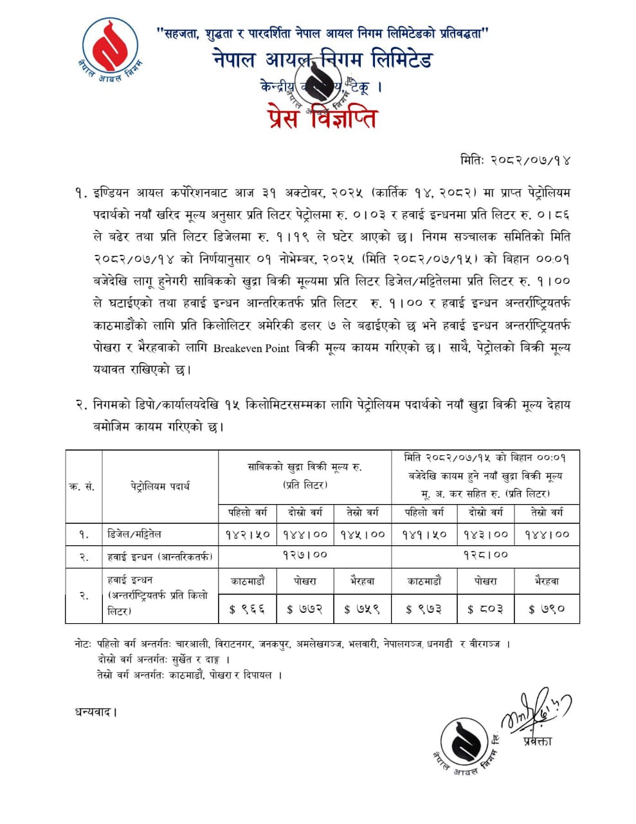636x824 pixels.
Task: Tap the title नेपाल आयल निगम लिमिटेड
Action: [323, 60]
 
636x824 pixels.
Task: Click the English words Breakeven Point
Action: [250, 348]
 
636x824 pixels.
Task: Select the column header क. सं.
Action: [83, 487]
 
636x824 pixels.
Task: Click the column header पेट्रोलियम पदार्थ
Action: [160, 487]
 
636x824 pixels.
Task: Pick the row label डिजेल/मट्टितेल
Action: [134, 534]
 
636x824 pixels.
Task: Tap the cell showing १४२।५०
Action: [248, 534]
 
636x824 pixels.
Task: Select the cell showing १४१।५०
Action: [424, 534]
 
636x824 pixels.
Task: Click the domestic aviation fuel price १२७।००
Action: [305, 554]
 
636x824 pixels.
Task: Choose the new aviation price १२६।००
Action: [486, 554]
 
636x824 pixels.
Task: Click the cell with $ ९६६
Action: [248, 609]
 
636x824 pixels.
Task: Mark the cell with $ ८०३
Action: [486, 609]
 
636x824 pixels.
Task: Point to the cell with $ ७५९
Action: [362, 609]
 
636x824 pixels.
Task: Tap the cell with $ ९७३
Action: [424, 609]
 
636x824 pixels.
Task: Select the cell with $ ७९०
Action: [547, 609]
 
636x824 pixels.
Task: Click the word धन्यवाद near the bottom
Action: [96, 712]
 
